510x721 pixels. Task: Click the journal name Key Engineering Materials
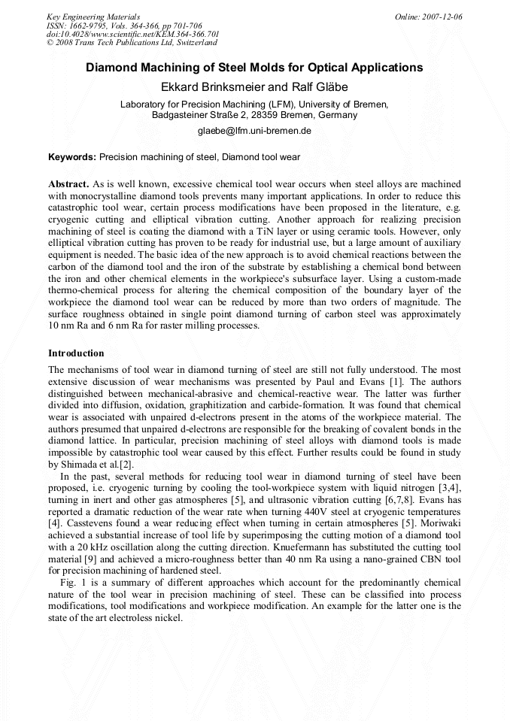[93, 17]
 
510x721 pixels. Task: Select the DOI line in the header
[132, 35]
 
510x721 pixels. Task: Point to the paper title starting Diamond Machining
[254, 68]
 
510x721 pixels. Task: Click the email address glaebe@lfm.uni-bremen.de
[254, 130]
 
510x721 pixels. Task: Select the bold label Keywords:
[72, 157]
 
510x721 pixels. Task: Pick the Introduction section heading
[76, 353]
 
